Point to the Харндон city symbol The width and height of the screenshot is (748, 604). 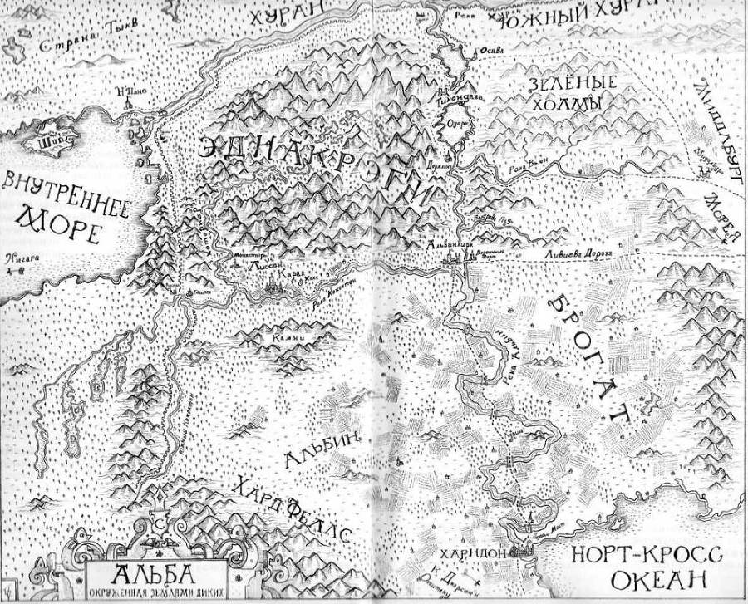pyautogui.click(x=525, y=547)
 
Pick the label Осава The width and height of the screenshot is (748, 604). pyautogui.click(x=488, y=52)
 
